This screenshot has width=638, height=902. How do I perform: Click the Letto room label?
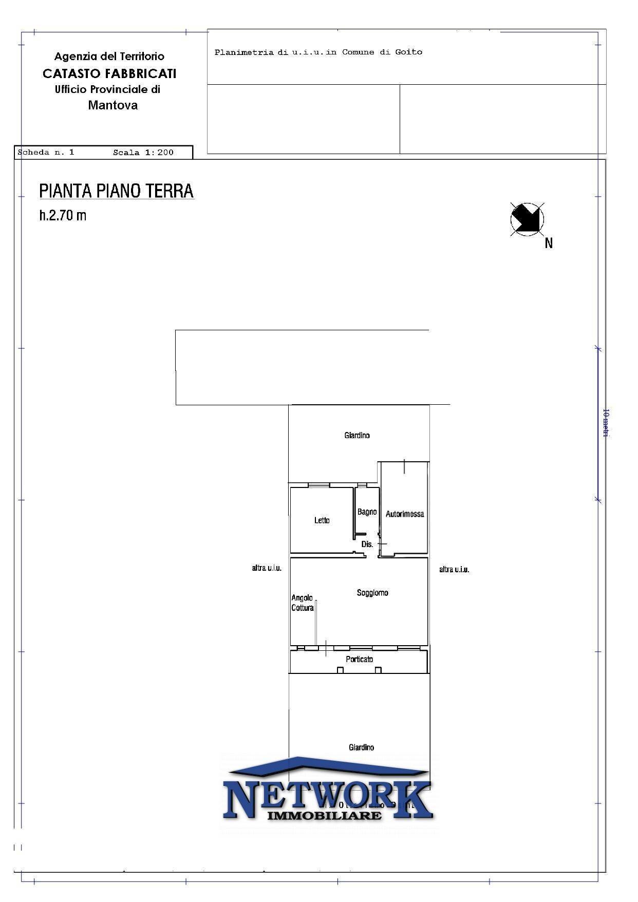[x=322, y=520]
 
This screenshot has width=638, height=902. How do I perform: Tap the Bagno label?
[x=367, y=512]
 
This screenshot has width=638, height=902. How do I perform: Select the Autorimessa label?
[x=405, y=514]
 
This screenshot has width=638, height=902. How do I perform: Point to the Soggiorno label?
[x=372, y=593]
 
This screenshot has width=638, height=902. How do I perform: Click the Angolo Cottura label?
[x=303, y=603]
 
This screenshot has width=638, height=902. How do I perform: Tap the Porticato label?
[x=359, y=659]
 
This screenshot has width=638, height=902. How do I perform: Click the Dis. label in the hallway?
[x=367, y=544]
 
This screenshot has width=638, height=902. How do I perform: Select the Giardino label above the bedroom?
[x=356, y=435]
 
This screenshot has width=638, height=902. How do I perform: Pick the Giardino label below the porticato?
[x=361, y=747]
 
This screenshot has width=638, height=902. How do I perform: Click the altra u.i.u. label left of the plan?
[x=267, y=568]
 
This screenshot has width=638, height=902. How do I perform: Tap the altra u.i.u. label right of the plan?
[x=454, y=569]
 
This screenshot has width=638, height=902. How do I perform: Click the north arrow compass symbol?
[x=527, y=219]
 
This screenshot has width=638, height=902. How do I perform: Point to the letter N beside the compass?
[x=549, y=243]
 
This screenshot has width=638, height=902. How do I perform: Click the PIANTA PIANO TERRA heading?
[x=117, y=191]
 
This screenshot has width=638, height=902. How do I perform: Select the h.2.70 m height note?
[x=63, y=215]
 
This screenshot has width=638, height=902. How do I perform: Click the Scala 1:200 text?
[x=143, y=153]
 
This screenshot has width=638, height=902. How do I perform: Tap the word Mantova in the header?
[x=113, y=105]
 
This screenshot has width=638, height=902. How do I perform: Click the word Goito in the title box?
[x=408, y=52]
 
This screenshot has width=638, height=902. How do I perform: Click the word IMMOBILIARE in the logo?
[x=325, y=816]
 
